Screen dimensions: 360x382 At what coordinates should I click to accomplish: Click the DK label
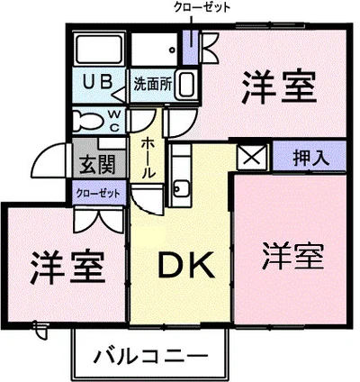click(186, 264)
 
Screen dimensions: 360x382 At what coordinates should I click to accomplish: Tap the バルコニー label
click(151, 357)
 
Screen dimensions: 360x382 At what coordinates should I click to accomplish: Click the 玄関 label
click(97, 165)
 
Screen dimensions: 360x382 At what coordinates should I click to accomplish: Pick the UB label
click(98, 81)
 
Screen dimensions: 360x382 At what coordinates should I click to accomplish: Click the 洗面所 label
click(153, 84)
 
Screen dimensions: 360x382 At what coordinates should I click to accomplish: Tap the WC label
click(113, 121)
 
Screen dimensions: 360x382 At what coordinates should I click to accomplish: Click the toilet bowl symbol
click(87, 121)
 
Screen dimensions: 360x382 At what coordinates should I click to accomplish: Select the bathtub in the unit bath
click(99, 49)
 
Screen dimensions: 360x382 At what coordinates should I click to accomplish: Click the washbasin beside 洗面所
click(186, 85)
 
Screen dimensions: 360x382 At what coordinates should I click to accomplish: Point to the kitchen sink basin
click(182, 188)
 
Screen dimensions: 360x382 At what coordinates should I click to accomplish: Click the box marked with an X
click(251, 157)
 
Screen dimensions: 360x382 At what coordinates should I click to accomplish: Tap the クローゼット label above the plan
click(202, 8)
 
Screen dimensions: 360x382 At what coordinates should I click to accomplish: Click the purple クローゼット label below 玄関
click(98, 193)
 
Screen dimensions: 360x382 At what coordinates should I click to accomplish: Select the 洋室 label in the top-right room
click(279, 87)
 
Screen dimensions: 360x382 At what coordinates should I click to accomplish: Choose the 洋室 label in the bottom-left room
click(67, 268)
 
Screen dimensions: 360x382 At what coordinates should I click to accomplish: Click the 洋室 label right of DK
click(292, 256)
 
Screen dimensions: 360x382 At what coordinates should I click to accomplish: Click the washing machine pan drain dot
click(172, 50)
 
